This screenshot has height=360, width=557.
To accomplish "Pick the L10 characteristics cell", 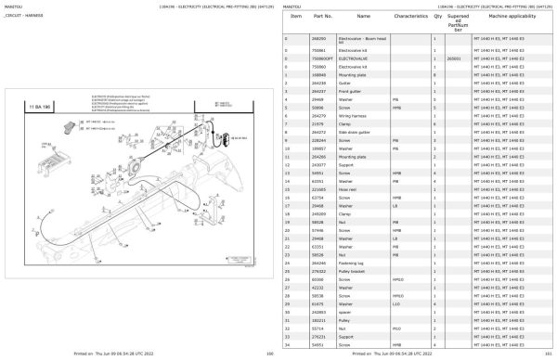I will point(395,302).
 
